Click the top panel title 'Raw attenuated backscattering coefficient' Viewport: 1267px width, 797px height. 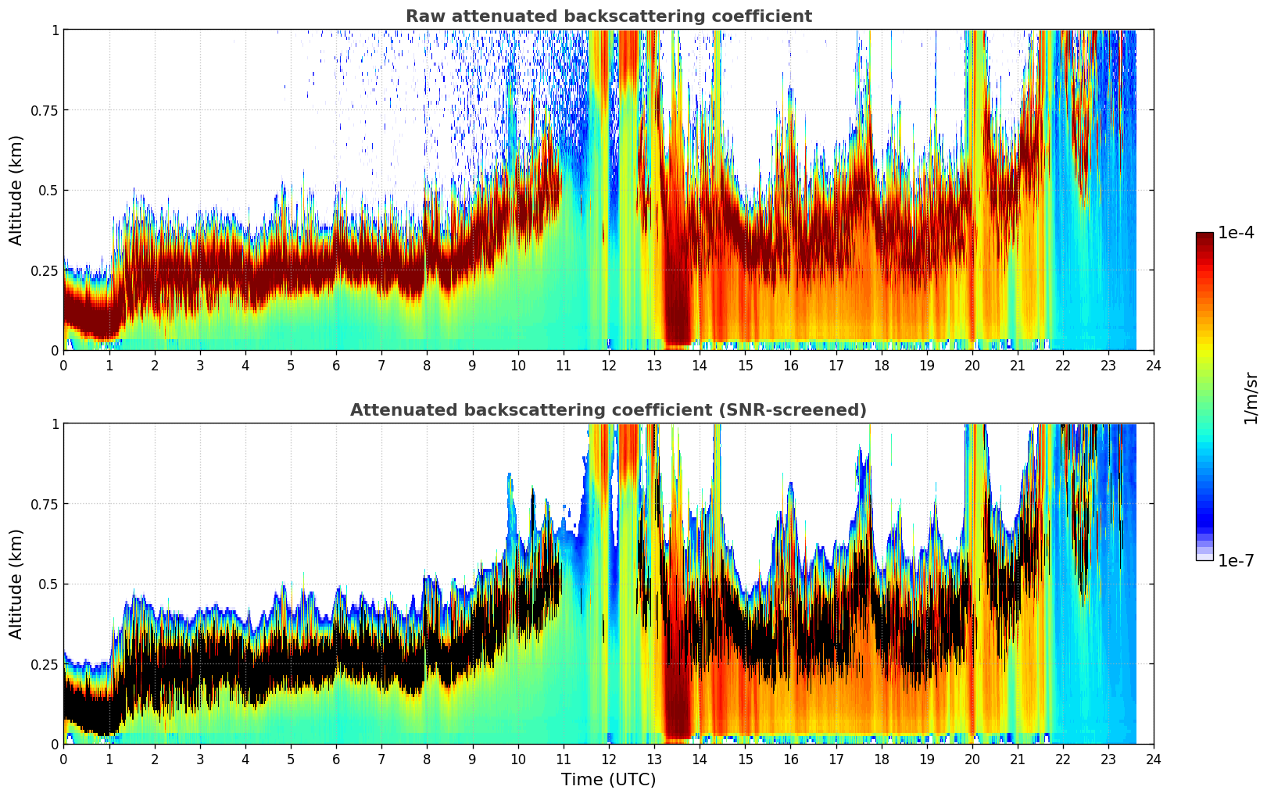click(x=608, y=16)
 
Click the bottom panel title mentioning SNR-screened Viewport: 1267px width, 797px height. click(x=608, y=410)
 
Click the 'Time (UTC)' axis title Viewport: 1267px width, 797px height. click(x=608, y=780)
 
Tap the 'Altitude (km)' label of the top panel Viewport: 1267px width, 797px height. click(x=16, y=190)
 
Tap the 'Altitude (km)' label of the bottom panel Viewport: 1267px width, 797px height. click(x=16, y=584)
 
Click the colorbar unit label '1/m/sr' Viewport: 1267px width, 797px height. click(x=1251, y=398)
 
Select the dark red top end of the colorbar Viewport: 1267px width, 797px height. click(x=1204, y=237)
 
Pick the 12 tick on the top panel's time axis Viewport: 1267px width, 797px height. click(x=608, y=365)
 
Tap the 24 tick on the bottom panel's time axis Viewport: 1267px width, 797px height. click(x=1153, y=759)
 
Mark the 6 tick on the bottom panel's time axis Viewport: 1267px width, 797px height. click(x=336, y=759)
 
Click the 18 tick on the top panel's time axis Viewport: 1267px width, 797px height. click(x=881, y=365)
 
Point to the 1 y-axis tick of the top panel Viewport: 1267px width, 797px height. click(x=55, y=30)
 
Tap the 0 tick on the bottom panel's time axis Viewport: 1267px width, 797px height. click(x=64, y=759)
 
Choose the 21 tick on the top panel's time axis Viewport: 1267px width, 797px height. click(x=1017, y=365)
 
